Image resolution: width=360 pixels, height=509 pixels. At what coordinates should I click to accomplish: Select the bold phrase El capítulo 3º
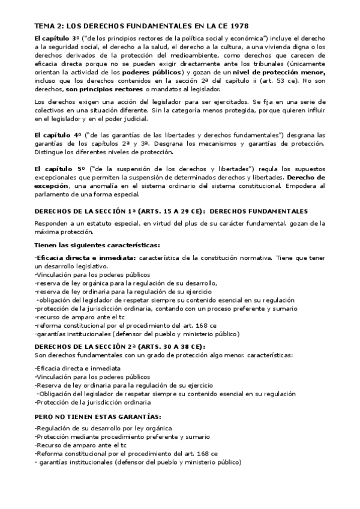pyautogui.click(x=55, y=38)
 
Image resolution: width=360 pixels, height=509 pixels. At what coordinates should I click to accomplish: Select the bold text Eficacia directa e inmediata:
pyautogui.click(x=86, y=257)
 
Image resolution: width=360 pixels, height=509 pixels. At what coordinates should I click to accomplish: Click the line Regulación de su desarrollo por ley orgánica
pyautogui.click(x=103, y=427)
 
